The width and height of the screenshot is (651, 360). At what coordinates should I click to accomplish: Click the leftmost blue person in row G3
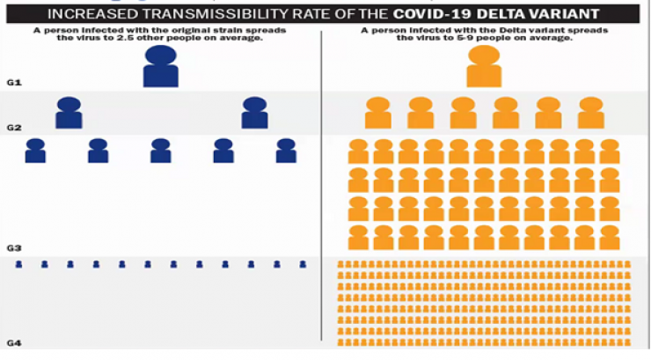(x=35, y=151)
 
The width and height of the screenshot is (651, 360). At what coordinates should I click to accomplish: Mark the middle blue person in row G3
(x=160, y=151)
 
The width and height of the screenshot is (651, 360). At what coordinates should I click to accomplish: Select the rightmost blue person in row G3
(x=286, y=151)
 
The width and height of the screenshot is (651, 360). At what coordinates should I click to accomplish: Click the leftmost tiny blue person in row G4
(x=18, y=264)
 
